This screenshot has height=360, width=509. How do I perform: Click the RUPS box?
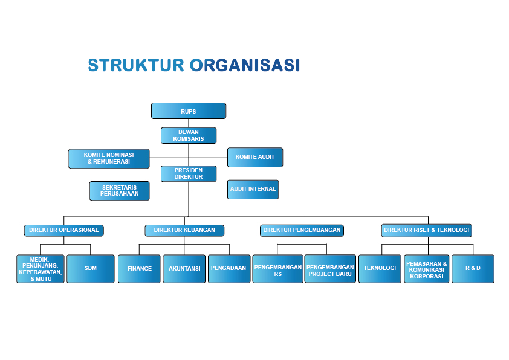pos(188,111)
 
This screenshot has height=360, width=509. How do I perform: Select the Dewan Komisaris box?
pos(188,135)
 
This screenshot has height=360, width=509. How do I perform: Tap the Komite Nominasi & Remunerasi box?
pos(109,158)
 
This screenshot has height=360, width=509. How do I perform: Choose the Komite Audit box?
pos(254,157)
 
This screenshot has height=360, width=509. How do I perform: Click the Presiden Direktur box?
pos(188,174)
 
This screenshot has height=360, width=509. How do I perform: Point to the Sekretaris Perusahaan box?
pos(119,191)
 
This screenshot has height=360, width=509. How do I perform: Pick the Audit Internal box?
pos(253,189)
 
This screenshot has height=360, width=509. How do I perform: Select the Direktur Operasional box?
pos(63,230)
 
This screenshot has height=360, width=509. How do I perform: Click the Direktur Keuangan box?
pos(184,230)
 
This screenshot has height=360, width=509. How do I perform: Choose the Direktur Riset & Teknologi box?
pos(426,230)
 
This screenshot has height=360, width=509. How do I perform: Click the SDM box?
pos(91,268)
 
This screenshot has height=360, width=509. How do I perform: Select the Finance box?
pos(140,268)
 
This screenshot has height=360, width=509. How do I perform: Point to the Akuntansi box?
pos(184,268)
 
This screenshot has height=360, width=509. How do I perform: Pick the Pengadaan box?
pos(229,268)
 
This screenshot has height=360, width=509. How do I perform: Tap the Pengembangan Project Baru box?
pos(330,270)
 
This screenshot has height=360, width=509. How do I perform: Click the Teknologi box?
pos(380,268)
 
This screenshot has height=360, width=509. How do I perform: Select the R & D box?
pos(473,268)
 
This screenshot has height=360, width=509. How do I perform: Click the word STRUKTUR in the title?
pos(135,65)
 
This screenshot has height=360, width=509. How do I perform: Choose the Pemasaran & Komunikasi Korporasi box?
pos(426,270)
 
